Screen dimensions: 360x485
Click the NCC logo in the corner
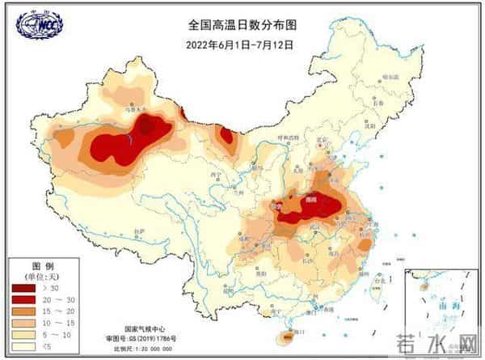point(39,25)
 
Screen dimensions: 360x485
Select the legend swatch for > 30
point(23,287)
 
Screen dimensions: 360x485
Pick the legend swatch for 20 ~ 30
point(23,299)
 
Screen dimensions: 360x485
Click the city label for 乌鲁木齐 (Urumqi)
point(132,106)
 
